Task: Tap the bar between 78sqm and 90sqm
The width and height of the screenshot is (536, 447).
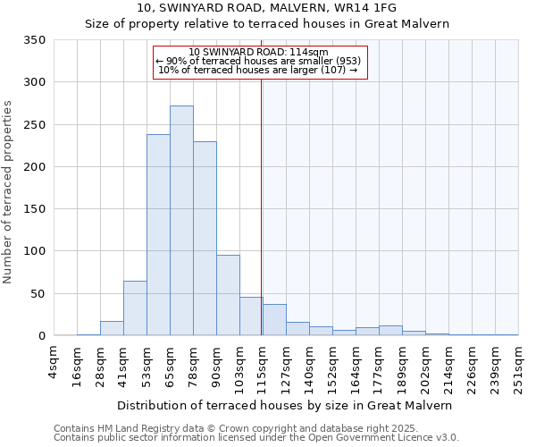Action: (205, 239)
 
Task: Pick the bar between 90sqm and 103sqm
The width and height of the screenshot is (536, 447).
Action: (228, 295)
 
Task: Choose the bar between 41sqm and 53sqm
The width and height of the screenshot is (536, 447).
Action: (135, 308)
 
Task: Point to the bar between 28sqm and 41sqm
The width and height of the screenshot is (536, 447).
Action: (112, 328)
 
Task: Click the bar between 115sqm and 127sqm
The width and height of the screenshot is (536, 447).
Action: (274, 320)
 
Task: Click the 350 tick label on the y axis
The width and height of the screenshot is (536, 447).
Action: (35, 40)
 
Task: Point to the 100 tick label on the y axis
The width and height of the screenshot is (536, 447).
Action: (35, 251)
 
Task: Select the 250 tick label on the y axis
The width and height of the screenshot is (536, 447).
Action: (35, 125)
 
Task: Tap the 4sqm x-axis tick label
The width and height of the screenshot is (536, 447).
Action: (54, 363)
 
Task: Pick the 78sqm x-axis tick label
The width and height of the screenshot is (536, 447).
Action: (193, 366)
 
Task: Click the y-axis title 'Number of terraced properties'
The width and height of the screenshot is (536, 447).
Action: (8, 192)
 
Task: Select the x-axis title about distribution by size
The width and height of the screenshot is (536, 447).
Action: (285, 405)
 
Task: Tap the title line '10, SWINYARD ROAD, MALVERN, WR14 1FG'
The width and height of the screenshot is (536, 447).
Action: (267, 8)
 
